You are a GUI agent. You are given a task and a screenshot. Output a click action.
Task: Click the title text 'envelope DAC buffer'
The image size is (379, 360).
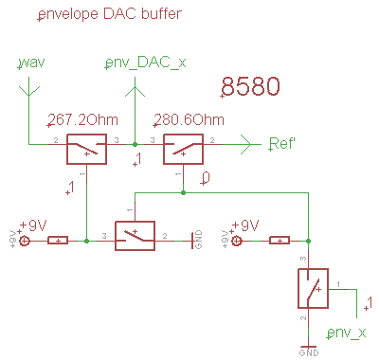coord(109,15)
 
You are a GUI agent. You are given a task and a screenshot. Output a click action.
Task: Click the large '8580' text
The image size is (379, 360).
coord(249,87)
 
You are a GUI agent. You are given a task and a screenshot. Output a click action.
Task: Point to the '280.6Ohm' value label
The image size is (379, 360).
coord(189,120)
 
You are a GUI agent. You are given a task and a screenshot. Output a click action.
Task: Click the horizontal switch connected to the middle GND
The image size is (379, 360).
coord(134,237)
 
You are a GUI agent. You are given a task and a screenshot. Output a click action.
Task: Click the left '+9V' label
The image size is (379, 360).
coord(33,225)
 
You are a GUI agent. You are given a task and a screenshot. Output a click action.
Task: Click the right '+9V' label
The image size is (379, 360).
coord(244,225)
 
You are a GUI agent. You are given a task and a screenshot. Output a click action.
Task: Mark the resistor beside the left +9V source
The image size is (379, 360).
coord(58,241)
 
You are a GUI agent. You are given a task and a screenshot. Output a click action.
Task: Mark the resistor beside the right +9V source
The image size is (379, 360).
coord(280,241)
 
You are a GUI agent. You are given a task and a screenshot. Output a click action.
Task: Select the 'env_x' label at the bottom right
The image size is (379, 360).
coord(346,333)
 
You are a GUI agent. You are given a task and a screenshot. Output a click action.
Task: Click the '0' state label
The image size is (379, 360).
coord(207,177)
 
